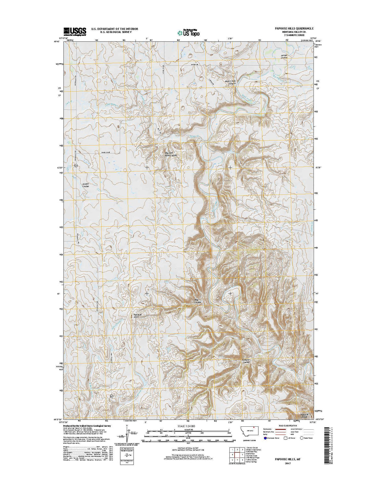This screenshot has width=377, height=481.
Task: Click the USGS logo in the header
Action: click(x=74, y=31)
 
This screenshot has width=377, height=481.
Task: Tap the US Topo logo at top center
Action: click(x=188, y=32)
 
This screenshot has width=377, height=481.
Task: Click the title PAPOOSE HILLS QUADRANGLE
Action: click(x=289, y=29)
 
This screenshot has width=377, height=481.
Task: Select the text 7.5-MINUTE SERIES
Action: click(x=298, y=35)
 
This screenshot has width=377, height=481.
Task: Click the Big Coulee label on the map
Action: click(x=198, y=301)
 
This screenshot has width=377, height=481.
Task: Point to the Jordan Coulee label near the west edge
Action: click(x=85, y=185)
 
